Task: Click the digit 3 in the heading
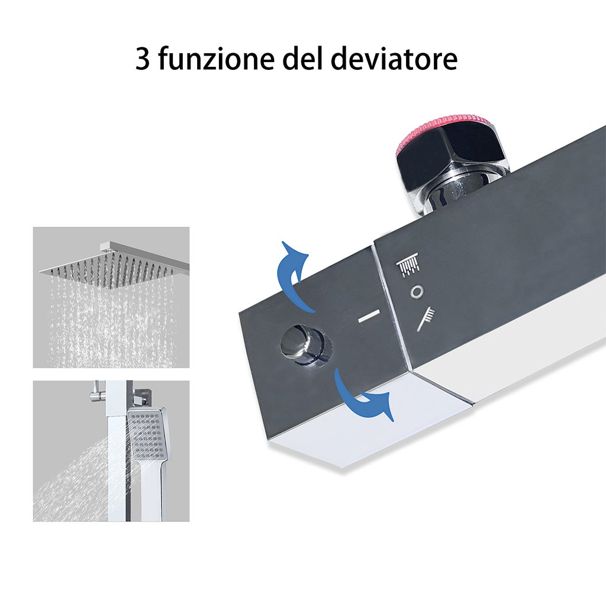tap(143, 59)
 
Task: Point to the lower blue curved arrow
tap(362, 397)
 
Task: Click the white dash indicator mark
tap(369, 317)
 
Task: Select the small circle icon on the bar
tap(417, 291)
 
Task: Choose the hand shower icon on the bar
tap(426, 318)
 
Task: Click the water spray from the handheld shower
tap(77, 479)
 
